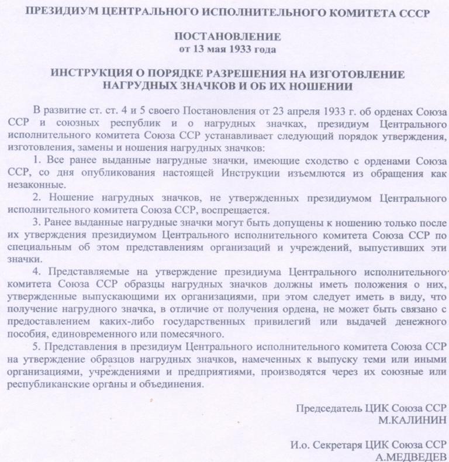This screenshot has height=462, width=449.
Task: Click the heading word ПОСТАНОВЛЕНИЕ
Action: (x=227, y=37)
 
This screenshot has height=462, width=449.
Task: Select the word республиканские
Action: (x=48, y=385)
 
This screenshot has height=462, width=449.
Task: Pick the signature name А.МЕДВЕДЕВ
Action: (x=411, y=456)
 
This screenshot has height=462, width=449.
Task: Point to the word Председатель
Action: (x=330, y=408)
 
